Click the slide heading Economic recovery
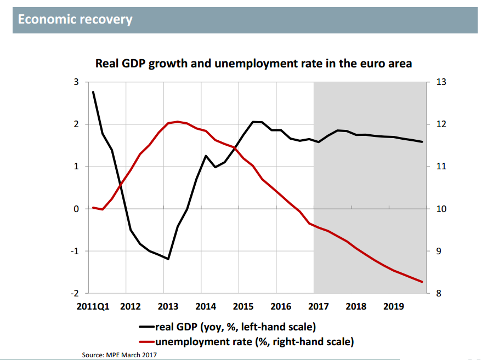[75, 20]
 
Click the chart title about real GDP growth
[253, 64]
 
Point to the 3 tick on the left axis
[76, 82]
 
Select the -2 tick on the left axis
[75, 294]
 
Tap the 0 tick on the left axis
[76, 209]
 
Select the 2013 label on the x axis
[167, 307]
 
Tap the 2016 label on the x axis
[281, 307]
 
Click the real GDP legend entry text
[236, 328]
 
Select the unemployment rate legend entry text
[254, 342]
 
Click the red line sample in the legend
[146, 342]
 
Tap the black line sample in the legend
[146, 328]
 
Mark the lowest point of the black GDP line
[168, 259]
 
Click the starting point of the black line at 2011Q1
[93, 92]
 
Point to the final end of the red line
[422, 282]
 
